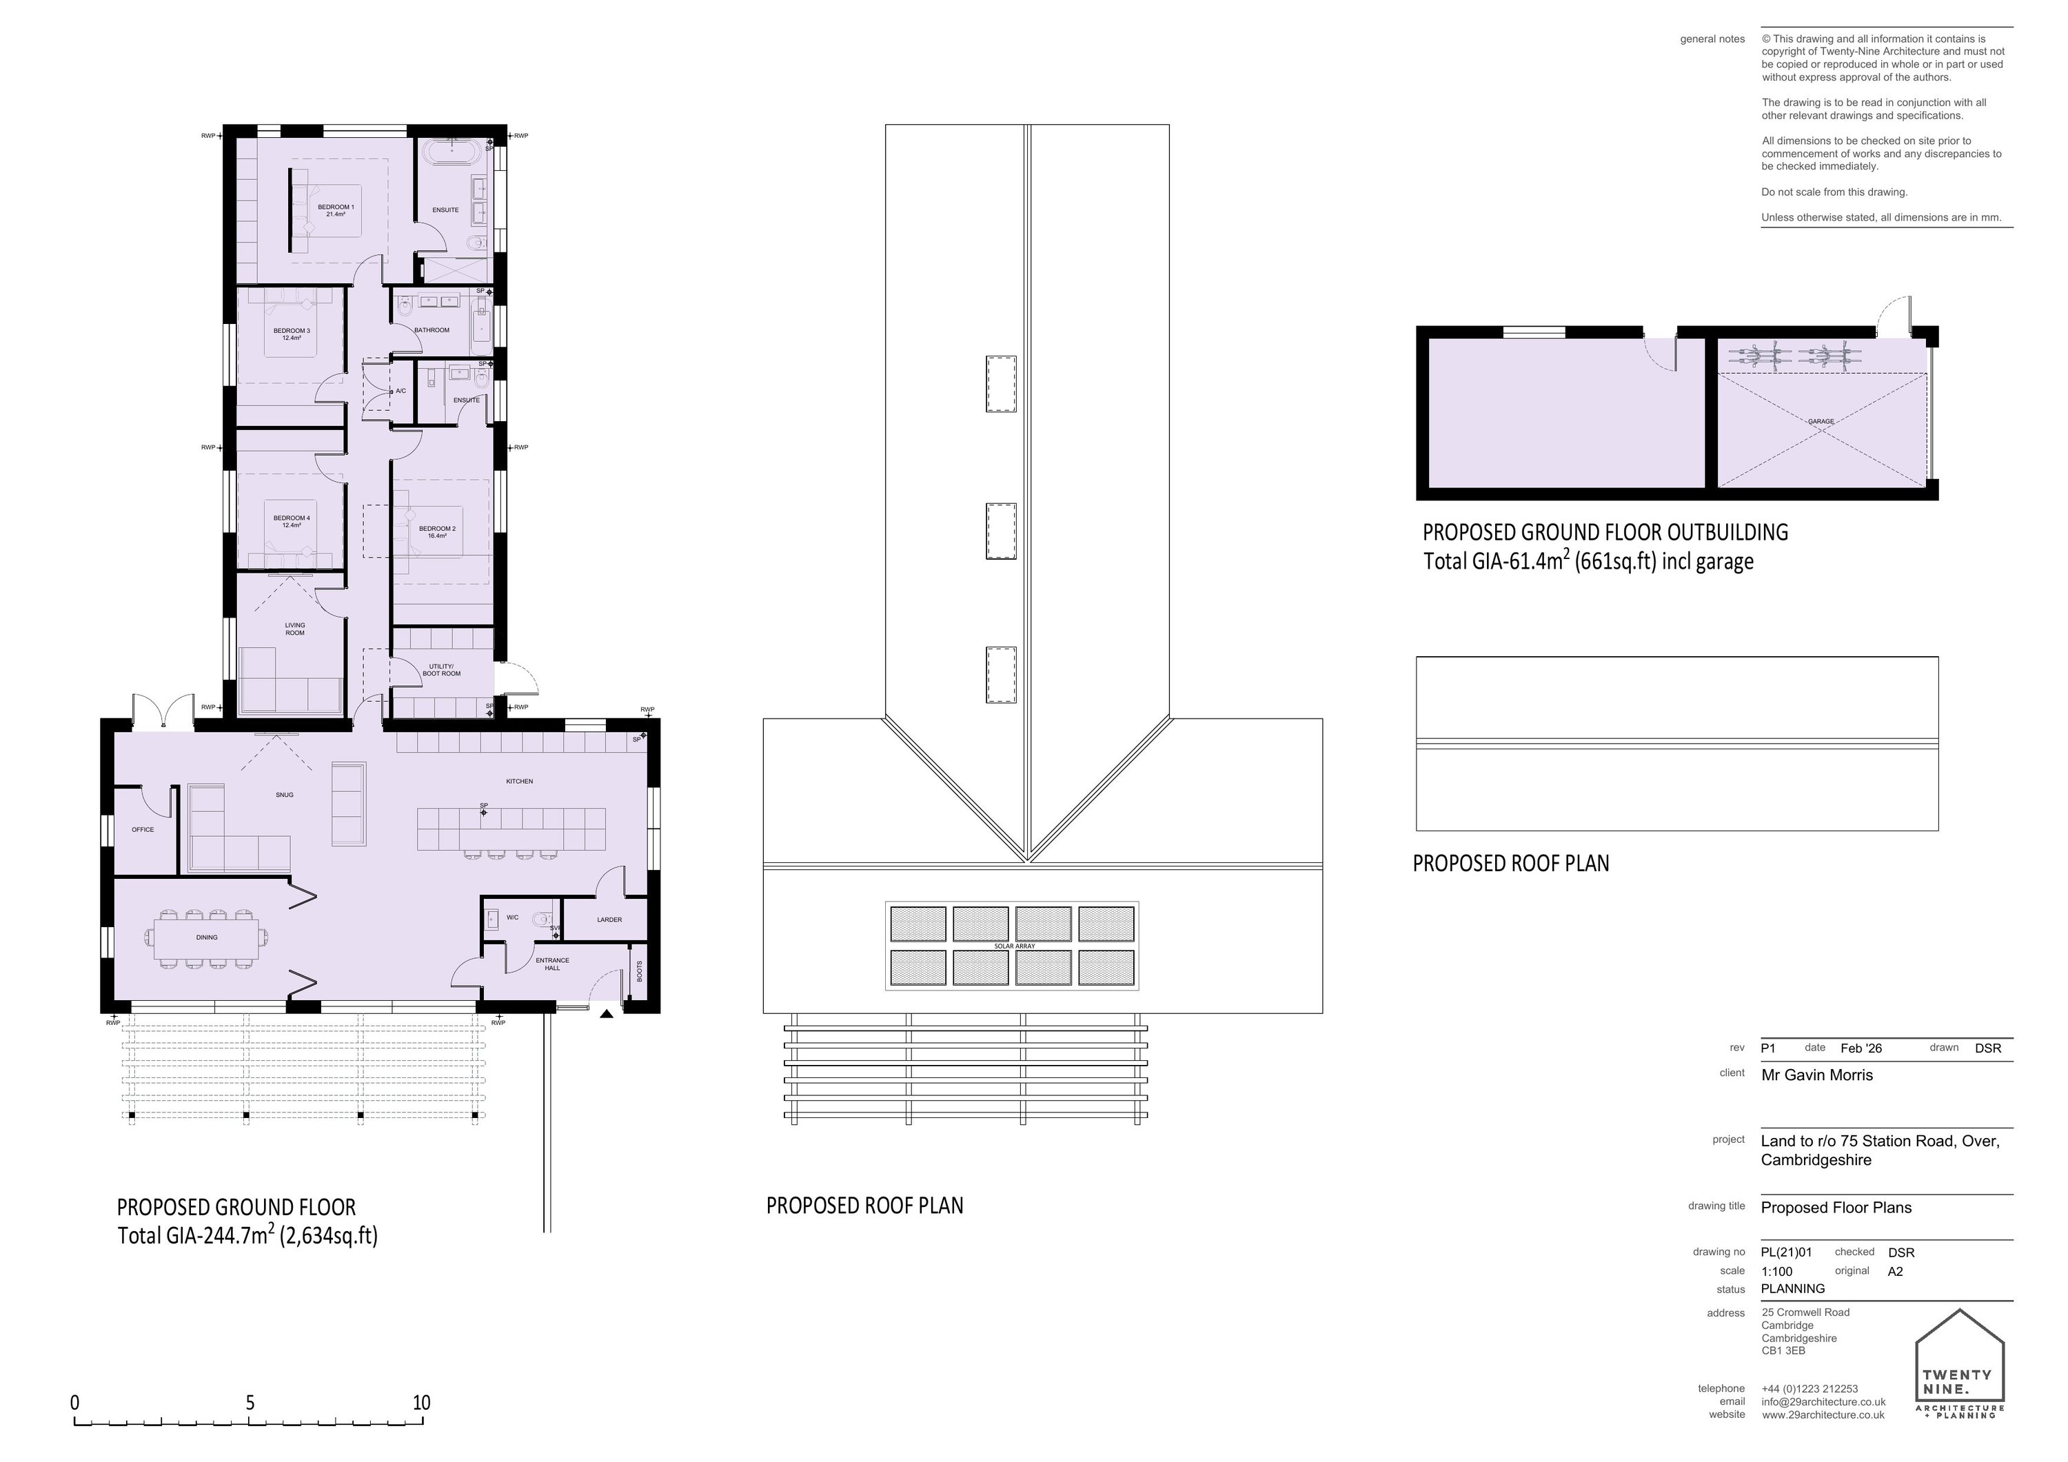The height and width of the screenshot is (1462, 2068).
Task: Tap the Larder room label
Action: click(609, 920)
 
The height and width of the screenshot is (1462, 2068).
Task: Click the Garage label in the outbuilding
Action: click(1821, 420)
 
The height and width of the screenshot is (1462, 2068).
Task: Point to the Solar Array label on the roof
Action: click(1014, 946)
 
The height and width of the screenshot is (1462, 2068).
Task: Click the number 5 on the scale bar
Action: click(250, 1403)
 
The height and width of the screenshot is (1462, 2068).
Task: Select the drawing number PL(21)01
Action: click(1786, 1251)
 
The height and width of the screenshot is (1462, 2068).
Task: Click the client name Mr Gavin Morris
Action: click(1816, 1075)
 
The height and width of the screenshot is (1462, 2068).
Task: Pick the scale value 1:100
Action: click(1776, 1271)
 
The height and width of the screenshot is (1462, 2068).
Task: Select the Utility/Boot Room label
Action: click(441, 670)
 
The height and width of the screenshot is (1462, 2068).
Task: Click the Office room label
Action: click(142, 830)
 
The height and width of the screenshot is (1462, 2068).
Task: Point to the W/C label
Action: click(511, 918)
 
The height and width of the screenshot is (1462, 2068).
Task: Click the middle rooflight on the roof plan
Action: click(1001, 531)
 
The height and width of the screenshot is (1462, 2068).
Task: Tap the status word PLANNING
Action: click(1792, 1288)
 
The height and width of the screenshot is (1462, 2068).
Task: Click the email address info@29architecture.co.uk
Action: click(1823, 1401)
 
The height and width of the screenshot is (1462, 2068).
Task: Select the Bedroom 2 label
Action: click(437, 531)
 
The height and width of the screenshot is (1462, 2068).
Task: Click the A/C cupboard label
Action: click(401, 391)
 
